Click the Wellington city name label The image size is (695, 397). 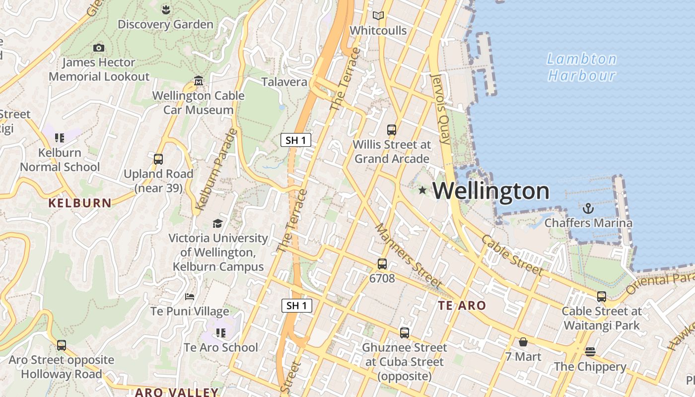(491, 191)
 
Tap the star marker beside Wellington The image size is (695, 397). (422, 190)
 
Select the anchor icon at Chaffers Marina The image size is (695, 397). (588, 208)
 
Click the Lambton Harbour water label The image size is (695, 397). (582, 67)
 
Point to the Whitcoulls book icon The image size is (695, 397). (378, 16)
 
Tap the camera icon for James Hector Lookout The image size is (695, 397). (99, 48)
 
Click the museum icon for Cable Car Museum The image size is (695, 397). (199, 80)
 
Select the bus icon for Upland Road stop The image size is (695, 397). (158, 159)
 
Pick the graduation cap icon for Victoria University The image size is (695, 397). (217, 223)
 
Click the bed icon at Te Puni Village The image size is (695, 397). (190, 297)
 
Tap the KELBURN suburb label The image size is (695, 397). (80, 203)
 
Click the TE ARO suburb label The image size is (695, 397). (462, 306)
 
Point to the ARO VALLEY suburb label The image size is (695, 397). (177, 392)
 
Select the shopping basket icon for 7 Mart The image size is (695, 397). (523, 342)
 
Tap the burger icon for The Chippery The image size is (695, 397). (590, 352)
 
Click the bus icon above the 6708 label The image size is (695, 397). (382, 264)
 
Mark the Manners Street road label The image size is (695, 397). (408, 256)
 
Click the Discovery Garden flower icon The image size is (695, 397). (166, 9)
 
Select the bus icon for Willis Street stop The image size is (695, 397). (392, 130)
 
